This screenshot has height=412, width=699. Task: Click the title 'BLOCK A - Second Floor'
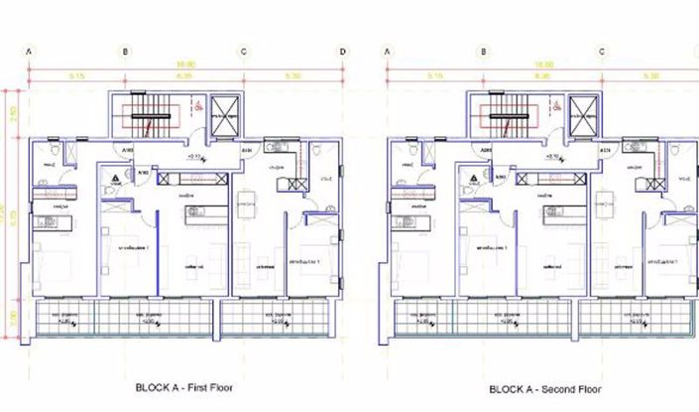(546, 390)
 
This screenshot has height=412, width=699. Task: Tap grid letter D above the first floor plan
(342, 51)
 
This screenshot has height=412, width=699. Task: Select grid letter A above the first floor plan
(30, 51)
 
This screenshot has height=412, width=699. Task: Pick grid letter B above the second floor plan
(482, 51)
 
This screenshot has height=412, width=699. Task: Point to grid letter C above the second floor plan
(599, 51)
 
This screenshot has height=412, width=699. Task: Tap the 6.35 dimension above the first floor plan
(183, 75)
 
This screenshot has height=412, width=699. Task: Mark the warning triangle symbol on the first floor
(116, 175)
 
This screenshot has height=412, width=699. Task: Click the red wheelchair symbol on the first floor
(197, 104)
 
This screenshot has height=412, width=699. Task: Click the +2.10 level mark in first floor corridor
(194, 157)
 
